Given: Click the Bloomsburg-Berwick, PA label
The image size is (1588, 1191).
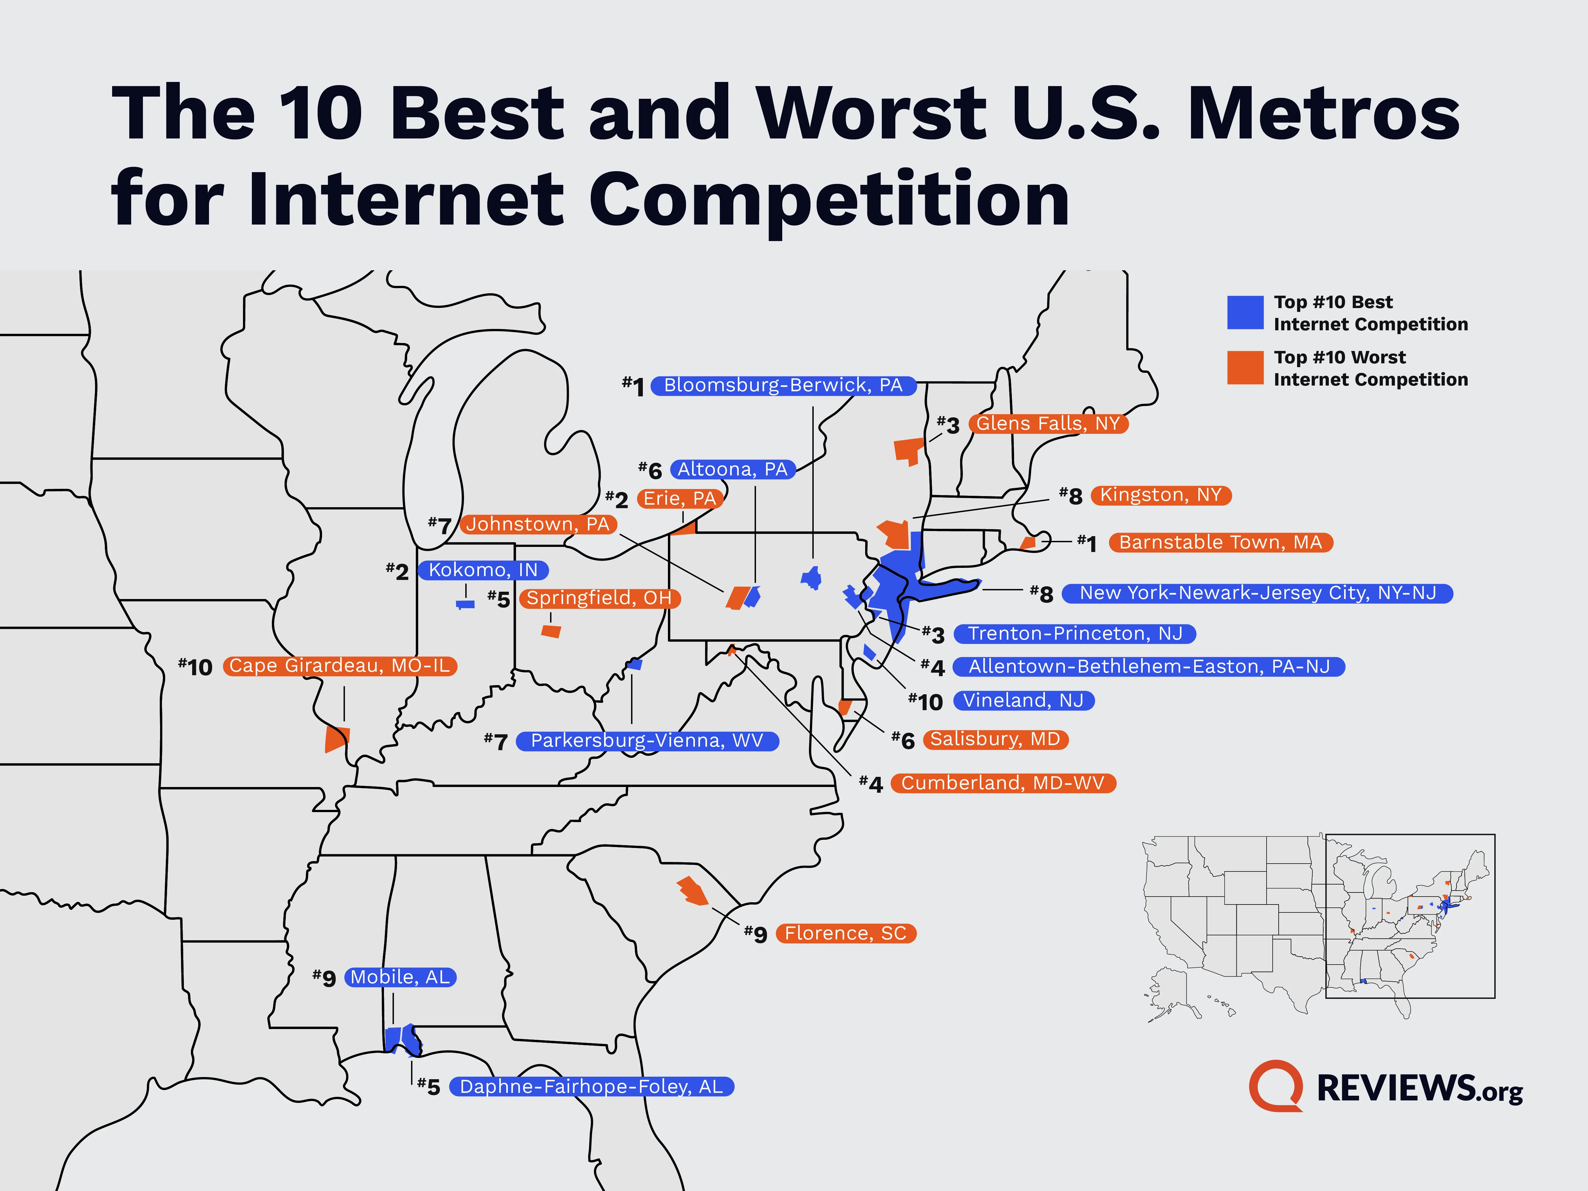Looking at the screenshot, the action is (x=783, y=386).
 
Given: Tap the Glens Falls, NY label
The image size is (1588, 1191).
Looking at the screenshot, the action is (x=1048, y=424).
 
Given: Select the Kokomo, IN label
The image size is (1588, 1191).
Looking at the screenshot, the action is (x=483, y=570).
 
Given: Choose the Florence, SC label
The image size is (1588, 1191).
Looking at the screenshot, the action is (x=846, y=933).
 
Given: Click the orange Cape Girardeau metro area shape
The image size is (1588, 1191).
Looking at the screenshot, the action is (x=336, y=739).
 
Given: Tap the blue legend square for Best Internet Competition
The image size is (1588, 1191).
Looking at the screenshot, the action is (x=1245, y=313).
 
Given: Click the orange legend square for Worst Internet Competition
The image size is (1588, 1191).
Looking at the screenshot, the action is (x=1245, y=367).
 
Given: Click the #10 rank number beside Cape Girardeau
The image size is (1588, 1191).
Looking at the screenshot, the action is (x=195, y=667).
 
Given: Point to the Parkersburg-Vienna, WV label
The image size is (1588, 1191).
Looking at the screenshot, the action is (x=647, y=741).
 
